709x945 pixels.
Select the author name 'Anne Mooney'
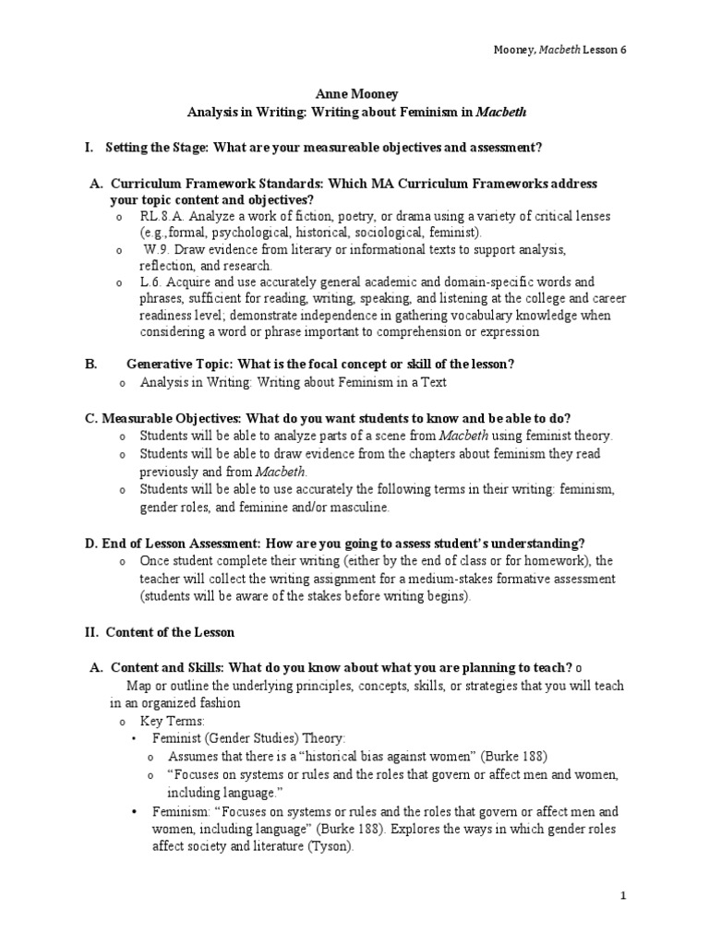[354, 94]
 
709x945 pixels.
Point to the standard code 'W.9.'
[158, 249]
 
